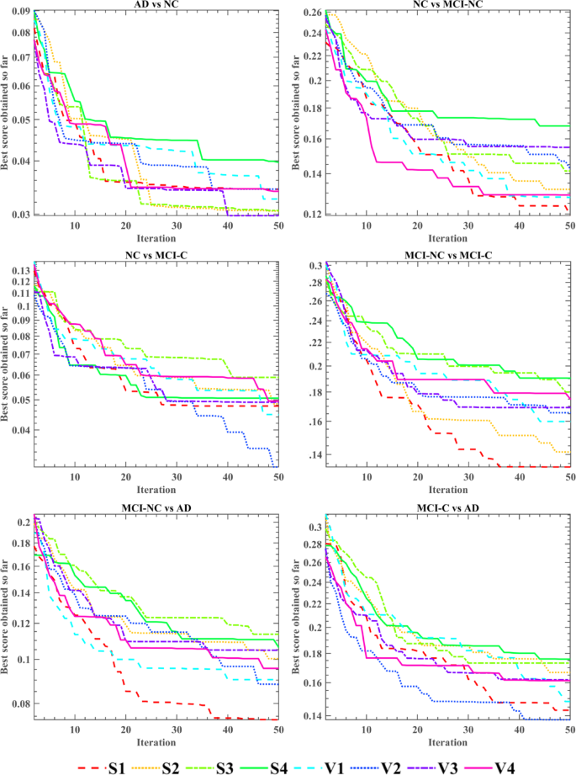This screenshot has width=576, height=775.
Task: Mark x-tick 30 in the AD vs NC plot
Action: click(x=176, y=226)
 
